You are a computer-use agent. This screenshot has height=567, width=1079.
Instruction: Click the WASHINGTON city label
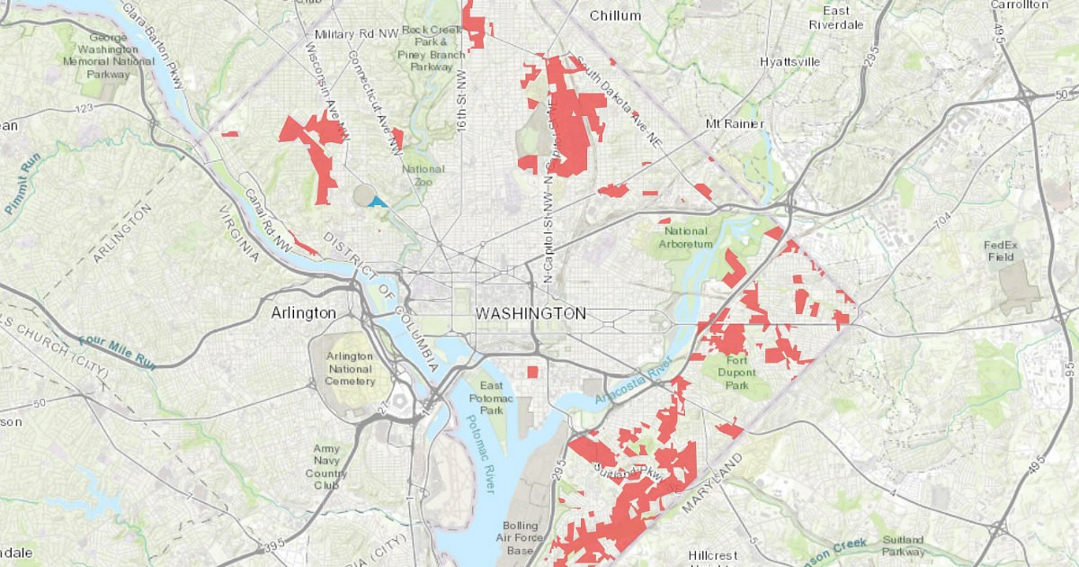coord(531,313)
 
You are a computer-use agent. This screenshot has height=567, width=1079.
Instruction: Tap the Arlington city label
coord(303,313)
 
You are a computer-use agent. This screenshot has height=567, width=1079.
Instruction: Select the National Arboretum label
coord(685,237)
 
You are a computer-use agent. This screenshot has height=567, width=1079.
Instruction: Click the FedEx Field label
coord(999,250)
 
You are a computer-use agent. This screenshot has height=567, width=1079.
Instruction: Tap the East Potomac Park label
coord(491,397)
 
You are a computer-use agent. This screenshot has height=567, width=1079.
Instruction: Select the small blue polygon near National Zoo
coord(378,202)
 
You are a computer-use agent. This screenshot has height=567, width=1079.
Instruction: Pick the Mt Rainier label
coord(735,123)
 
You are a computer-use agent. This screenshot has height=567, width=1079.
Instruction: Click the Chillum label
coord(615,15)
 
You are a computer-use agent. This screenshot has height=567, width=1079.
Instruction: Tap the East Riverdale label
coord(835,18)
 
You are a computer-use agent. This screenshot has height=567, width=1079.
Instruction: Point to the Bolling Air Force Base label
coord(521,538)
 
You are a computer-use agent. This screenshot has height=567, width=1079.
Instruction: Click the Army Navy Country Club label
coord(325,466)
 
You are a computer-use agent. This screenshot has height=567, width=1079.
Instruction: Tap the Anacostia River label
coord(639,379)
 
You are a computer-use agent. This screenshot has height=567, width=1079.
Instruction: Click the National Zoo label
coord(423,175)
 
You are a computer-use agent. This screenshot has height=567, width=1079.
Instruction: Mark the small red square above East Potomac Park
coord(532,372)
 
